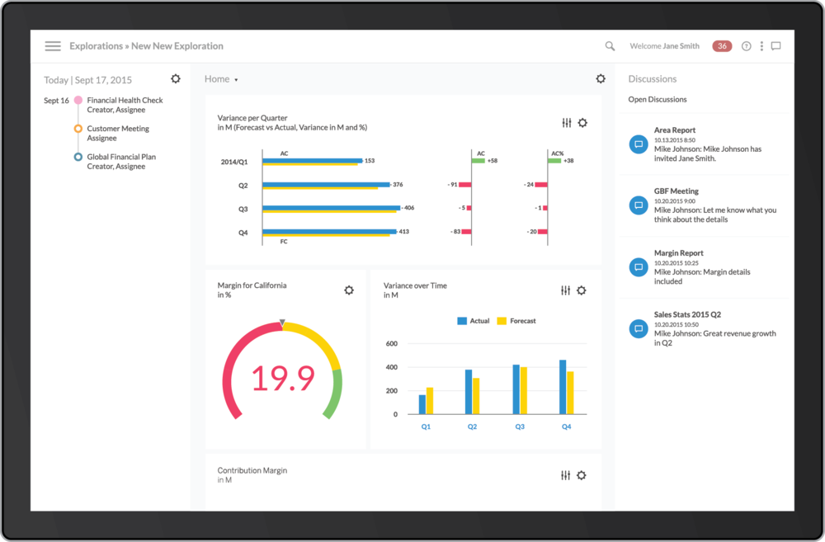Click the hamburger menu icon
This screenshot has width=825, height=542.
click(53, 46)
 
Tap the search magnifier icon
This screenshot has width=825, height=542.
click(610, 46)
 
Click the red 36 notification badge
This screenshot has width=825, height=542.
click(722, 46)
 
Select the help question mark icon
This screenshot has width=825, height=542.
click(746, 46)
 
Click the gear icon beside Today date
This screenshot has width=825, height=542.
click(176, 78)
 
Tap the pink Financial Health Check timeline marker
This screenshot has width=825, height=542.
click(78, 101)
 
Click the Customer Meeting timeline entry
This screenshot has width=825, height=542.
click(118, 129)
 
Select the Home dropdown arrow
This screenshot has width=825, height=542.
click(236, 80)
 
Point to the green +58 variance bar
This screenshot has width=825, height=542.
click(481, 161)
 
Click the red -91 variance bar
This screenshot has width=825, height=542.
click(465, 184)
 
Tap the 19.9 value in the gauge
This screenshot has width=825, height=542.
click(282, 379)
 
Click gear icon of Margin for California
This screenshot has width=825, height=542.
click(349, 290)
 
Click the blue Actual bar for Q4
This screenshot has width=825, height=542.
click(563, 386)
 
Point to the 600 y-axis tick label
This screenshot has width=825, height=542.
click(392, 343)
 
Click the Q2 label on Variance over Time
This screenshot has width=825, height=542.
click(472, 427)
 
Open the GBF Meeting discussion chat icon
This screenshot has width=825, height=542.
click(638, 205)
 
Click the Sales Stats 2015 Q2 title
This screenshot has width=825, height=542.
click(687, 314)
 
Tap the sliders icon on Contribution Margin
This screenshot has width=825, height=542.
click(565, 475)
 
